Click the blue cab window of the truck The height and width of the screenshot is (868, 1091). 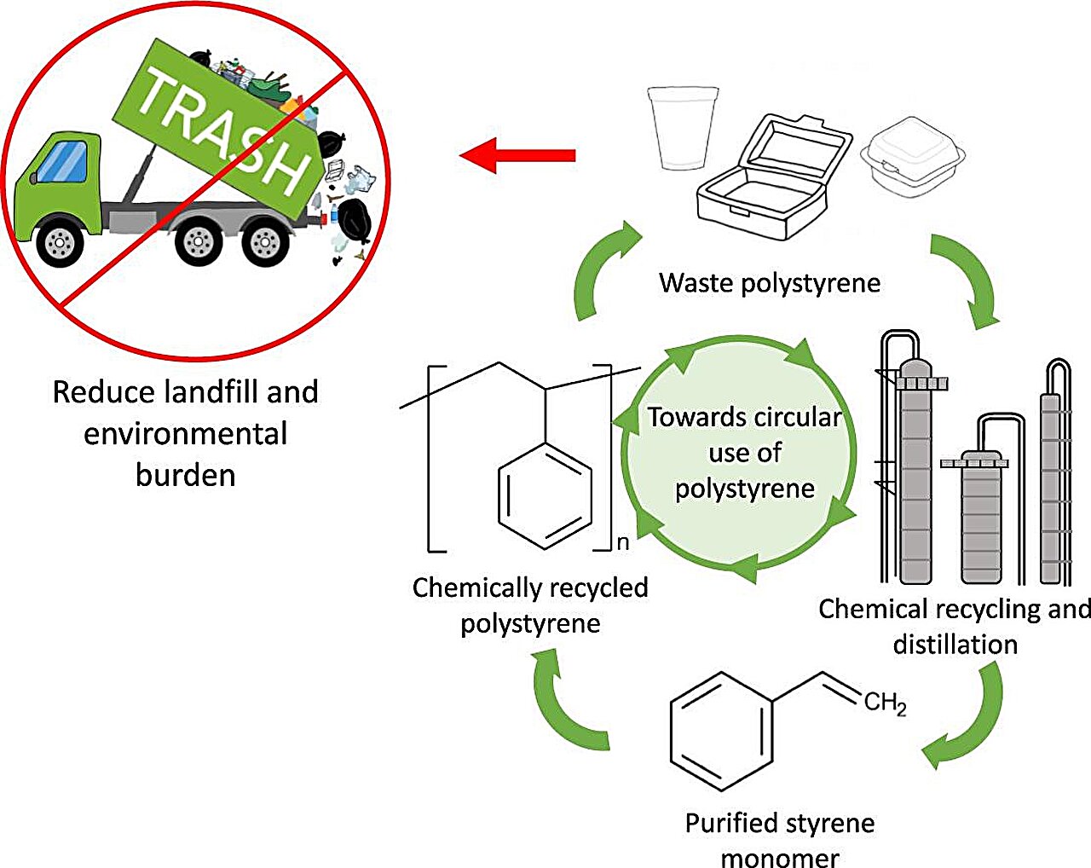(65, 162)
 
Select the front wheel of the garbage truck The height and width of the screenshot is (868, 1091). (59, 242)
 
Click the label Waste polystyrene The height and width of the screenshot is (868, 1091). (770, 283)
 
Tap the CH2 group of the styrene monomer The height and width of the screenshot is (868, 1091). (885, 703)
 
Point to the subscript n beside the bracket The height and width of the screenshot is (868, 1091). (623, 542)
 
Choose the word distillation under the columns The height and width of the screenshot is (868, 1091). (955, 645)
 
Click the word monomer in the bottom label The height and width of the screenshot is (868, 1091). (779, 856)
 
